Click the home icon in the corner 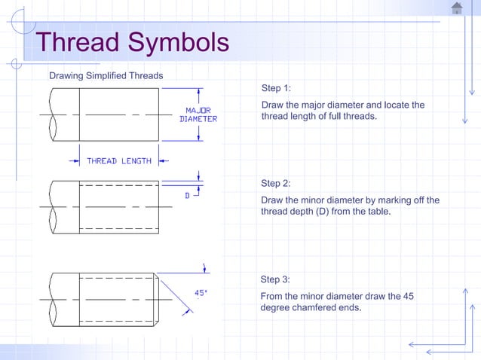coord(457,8)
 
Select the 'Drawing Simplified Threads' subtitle coord(106,75)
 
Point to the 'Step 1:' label coord(275,88)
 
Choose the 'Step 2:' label coord(275,183)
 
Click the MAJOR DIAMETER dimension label coord(198,114)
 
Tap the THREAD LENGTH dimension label coord(119,160)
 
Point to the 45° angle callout coord(201,293)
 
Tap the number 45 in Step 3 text coord(406,296)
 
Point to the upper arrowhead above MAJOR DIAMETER coord(199,91)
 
